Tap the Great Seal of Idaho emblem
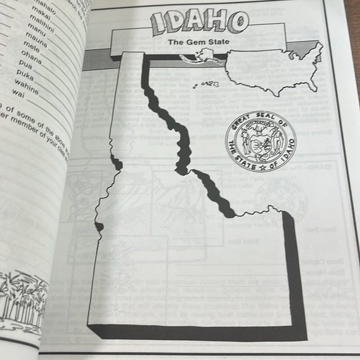pyautogui.click(x=261, y=143)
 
